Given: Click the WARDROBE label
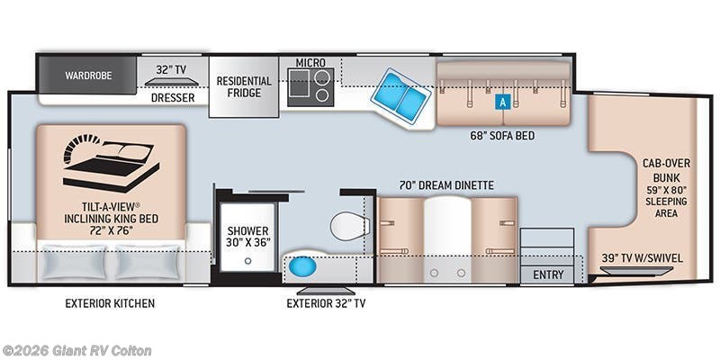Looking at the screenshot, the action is (88, 76).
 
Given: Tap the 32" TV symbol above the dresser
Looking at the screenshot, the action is (172, 82).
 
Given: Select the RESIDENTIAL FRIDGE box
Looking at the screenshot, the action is (244, 86).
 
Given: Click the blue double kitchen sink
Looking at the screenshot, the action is (400, 95).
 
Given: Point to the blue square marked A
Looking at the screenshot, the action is (503, 103).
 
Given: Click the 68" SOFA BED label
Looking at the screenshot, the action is (502, 136).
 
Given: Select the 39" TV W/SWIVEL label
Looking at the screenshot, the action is (642, 258).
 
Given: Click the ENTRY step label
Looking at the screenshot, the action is (548, 274).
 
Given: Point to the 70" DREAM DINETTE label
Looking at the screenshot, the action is (446, 185).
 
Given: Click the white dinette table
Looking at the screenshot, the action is (447, 238).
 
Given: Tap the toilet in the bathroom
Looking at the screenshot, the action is (350, 226).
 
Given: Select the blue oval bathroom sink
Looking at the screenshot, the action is (302, 266).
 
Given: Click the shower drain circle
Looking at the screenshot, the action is (248, 261).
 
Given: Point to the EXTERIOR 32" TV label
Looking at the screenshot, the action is (326, 303).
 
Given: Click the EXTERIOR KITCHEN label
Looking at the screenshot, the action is (110, 303).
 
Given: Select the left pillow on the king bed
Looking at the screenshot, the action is (74, 262).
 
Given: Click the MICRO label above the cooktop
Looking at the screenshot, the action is (310, 62).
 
